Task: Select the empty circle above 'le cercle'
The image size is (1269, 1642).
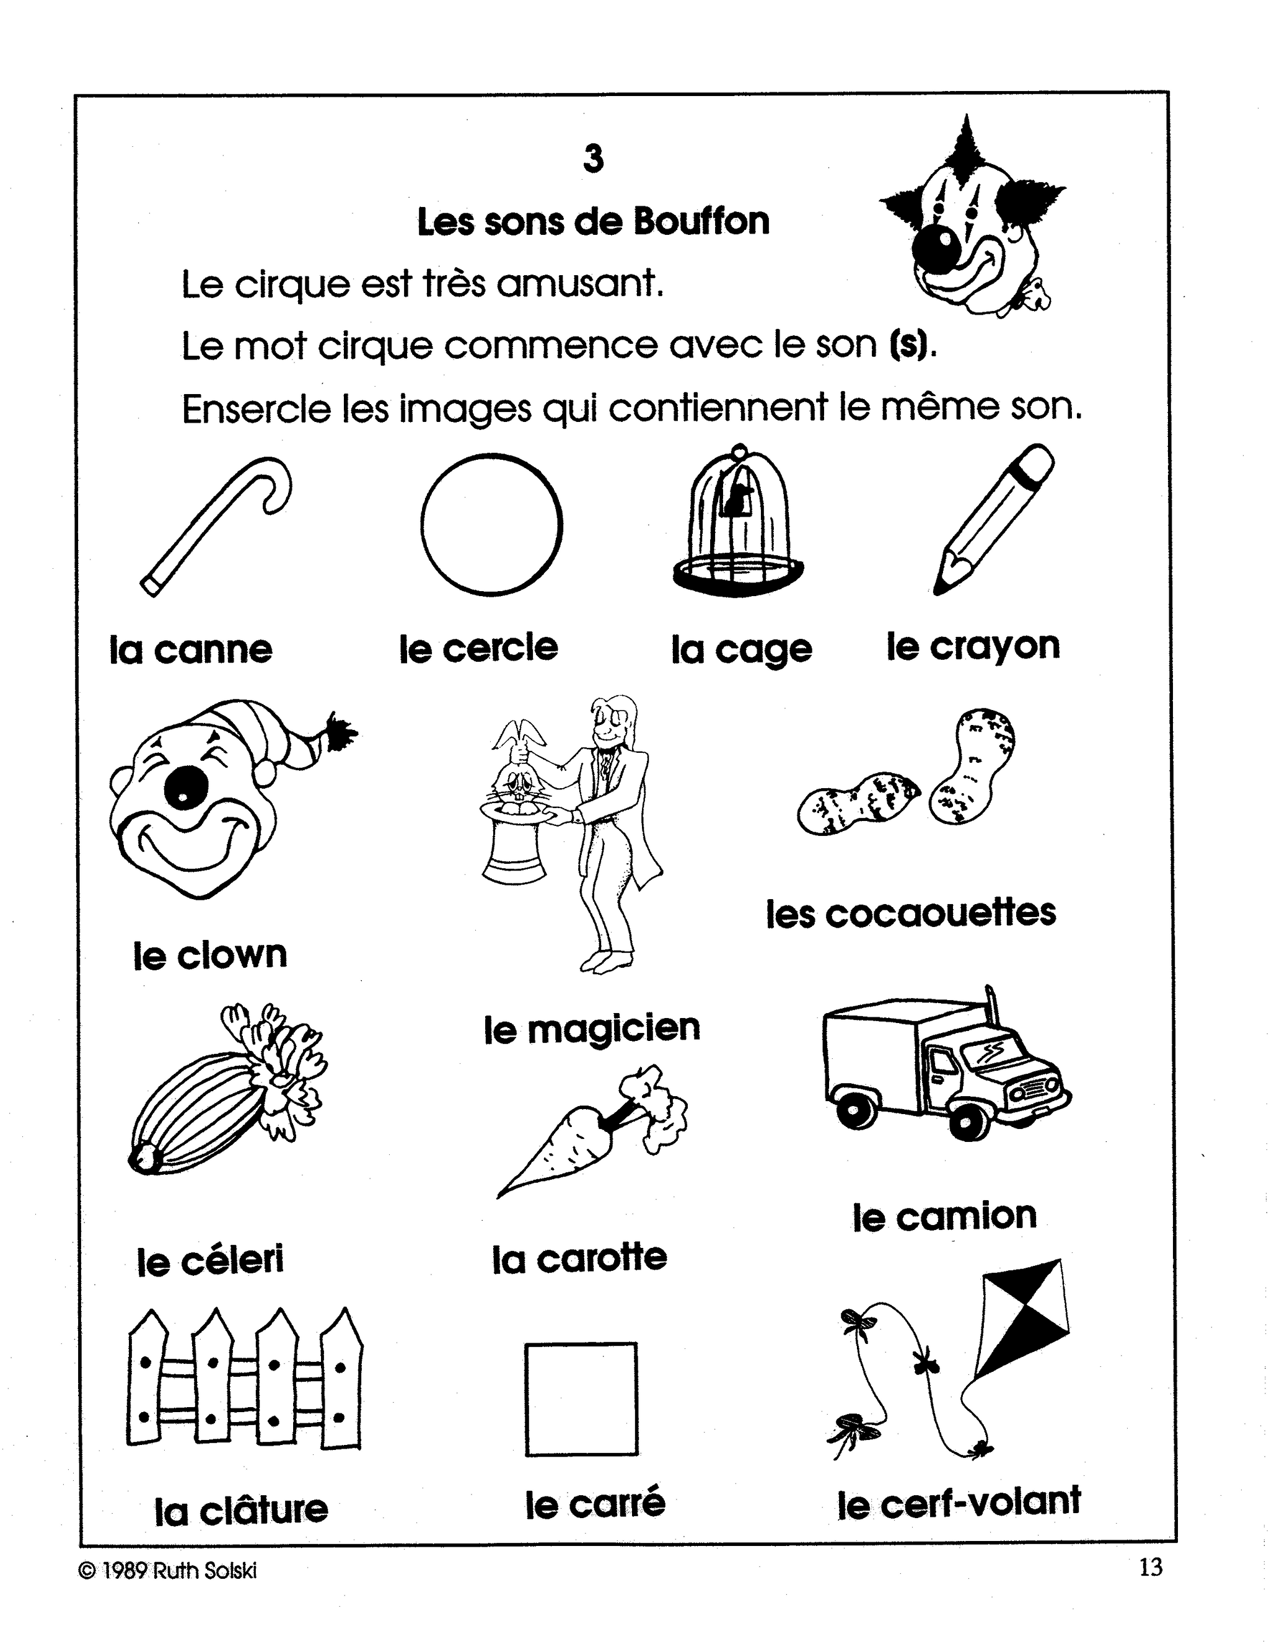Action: [491, 524]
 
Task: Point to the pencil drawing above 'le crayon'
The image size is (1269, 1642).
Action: [993, 519]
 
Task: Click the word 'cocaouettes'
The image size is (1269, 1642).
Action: [941, 914]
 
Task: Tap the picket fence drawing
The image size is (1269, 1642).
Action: [244, 1380]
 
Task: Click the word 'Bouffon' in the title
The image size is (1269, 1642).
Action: [701, 222]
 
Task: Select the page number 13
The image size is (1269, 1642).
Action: [1150, 1568]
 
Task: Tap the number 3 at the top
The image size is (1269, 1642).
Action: [593, 159]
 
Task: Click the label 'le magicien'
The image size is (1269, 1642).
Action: [592, 1029]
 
